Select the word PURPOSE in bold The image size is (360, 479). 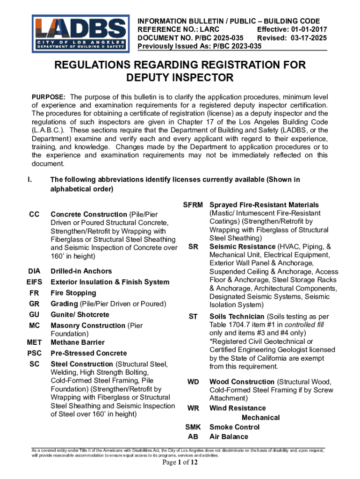pyautogui.click(x=48, y=96)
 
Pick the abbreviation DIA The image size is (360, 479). pyautogui.click(x=34, y=271)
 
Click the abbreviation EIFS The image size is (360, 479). pyautogui.click(x=34, y=282)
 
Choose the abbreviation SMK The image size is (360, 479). pyautogui.click(x=193, y=427)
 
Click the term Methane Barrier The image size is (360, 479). pyautogui.click(x=78, y=342)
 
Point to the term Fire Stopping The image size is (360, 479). pyautogui.click(x=73, y=293)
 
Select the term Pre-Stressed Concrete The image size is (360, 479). pyautogui.click(x=88, y=353)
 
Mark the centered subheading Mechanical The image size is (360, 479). pyautogui.click(x=260, y=418)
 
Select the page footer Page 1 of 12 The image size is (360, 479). pyautogui.click(x=180, y=463)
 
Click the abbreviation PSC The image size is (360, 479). pyautogui.click(x=34, y=353)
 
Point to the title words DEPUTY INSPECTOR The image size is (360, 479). pyautogui.click(x=180, y=77)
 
